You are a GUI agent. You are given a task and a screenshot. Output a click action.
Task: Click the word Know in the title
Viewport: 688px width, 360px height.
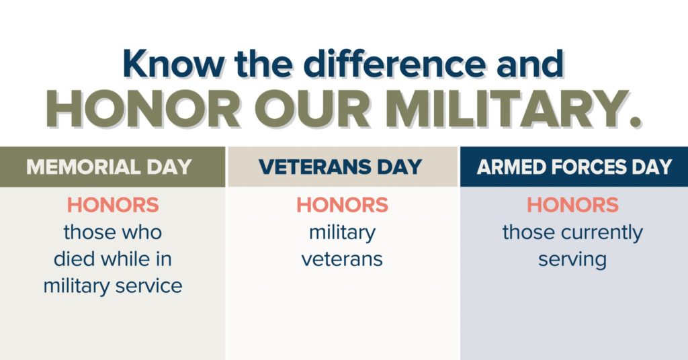tap(173, 64)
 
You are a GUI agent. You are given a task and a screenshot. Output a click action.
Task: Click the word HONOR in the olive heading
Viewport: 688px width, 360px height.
tap(143, 108)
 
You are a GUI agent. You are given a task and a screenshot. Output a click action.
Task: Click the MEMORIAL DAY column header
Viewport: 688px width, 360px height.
tap(109, 167)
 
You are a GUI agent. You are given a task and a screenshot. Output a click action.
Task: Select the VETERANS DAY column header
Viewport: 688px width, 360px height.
tap(341, 167)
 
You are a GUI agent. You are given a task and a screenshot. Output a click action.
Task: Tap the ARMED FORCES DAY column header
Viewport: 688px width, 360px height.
tap(574, 167)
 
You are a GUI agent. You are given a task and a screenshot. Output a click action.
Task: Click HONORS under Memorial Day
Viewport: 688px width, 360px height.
tap(113, 205)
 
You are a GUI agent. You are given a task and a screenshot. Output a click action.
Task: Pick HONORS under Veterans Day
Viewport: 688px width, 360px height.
tap(342, 205)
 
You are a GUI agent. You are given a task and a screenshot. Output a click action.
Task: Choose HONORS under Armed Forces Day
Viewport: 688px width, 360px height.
tap(572, 205)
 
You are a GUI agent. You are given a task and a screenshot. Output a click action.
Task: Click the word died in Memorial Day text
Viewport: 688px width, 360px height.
tap(73, 259)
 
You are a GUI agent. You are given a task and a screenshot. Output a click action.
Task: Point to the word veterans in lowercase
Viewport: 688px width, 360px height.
tap(342, 259)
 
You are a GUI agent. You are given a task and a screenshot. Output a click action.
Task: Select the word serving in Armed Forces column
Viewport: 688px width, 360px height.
tap(572, 260)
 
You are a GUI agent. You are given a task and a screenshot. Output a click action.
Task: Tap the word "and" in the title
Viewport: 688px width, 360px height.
tap(530, 64)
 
